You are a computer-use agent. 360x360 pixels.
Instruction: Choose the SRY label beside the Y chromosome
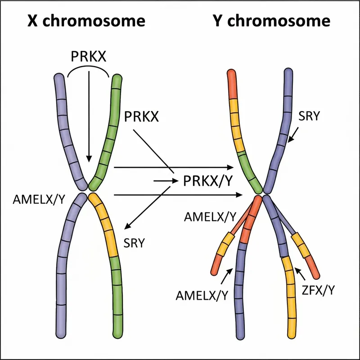(x=309, y=116)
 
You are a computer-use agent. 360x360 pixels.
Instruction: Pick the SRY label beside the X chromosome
(x=134, y=243)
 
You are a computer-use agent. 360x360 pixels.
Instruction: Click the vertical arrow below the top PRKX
(x=89, y=117)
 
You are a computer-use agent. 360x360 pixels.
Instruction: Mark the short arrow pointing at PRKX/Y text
(x=165, y=181)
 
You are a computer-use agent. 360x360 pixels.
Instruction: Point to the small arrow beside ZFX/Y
(x=300, y=273)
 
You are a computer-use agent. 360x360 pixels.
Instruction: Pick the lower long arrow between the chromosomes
(x=175, y=195)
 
